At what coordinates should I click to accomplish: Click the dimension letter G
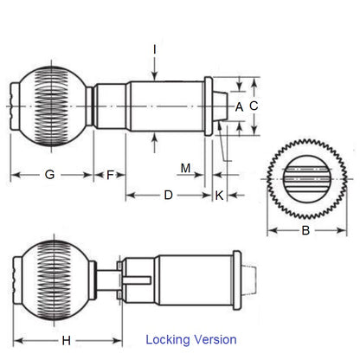pyautogui.click(x=49, y=175)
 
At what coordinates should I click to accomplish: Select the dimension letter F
pyautogui.click(x=110, y=175)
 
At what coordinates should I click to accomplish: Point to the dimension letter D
pyautogui.click(x=168, y=196)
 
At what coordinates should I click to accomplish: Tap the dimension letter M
pyautogui.click(x=185, y=167)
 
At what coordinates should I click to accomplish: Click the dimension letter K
pyautogui.click(x=219, y=196)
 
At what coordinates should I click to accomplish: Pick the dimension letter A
pyautogui.click(x=240, y=106)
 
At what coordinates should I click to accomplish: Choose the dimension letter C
pyautogui.click(x=254, y=106)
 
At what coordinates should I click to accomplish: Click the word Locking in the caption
pyautogui.click(x=170, y=339)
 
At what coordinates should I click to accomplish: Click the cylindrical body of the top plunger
pyautogui.click(x=164, y=106)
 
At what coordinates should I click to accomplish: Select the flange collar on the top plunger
pyautogui.click(x=208, y=106)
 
